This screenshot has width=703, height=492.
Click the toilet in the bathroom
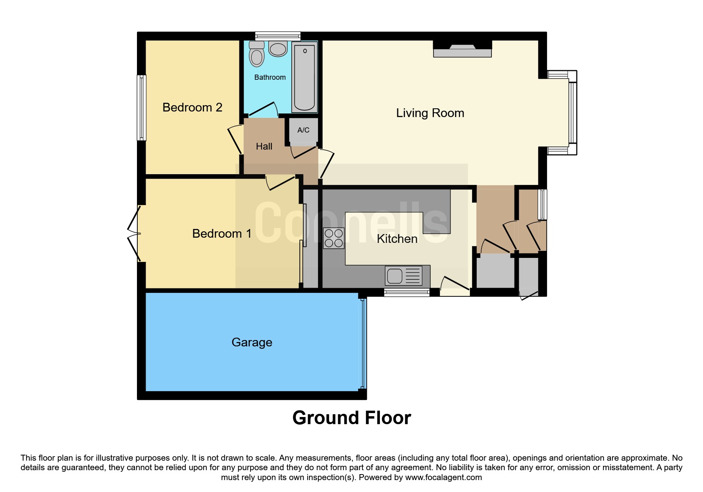256,55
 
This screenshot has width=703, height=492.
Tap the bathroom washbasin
277,49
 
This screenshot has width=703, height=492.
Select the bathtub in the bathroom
304,77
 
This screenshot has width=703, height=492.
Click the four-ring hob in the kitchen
333,238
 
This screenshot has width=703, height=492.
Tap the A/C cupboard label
303,130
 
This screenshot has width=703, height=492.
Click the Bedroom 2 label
192,108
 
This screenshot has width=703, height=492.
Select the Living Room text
430,113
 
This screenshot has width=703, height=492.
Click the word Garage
252,342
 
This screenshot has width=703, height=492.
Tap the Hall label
264,147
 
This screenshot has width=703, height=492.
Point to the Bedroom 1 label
221,234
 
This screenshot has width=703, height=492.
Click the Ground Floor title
351,418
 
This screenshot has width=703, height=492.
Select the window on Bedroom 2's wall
141,108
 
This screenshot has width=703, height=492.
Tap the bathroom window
277,36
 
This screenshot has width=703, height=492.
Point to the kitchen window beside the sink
406,293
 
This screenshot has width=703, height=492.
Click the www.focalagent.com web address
443,477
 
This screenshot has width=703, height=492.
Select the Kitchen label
397,239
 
